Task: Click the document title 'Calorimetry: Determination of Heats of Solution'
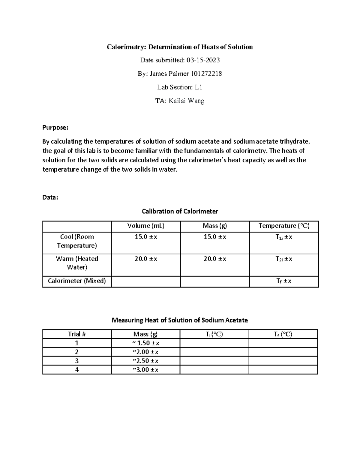click(x=180, y=47)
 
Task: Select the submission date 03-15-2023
click(x=203, y=60)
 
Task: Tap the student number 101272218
click(x=204, y=74)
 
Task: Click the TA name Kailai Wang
click(x=186, y=101)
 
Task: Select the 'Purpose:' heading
click(x=55, y=128)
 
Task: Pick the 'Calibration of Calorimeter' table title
click(x=180, y=211)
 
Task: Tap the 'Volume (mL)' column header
click(x=146, y=226)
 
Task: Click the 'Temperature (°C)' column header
click(x=284, y=226)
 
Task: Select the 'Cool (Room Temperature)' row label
click(x=77, y=241)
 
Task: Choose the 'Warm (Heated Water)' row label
click(x=77, y=263)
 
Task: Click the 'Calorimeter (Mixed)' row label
click(x=77, y=281)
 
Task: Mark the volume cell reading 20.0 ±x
click(x=146, y=259)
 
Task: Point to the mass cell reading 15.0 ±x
click(x=215, y=237)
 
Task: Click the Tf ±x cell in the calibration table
click(x=284, y=281)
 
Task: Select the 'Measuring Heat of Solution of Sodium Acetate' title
click(x=180, y=320)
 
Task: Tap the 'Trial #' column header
click(x=77, y=334)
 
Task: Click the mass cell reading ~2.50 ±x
click(x=145, y=361)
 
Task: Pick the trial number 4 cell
click(x=77, y=370)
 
